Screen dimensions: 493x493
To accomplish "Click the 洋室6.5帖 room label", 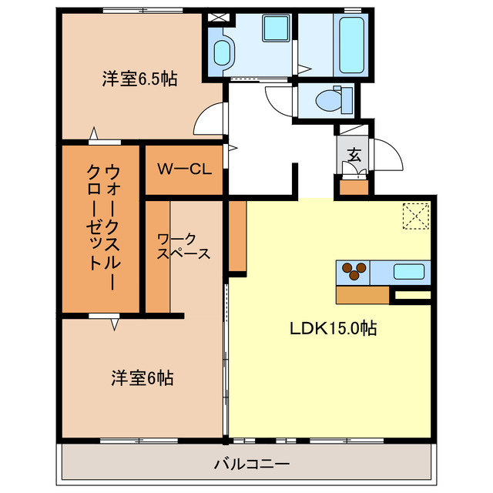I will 139,79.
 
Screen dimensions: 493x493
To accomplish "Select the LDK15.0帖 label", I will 333,327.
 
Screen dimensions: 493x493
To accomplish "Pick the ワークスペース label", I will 183,246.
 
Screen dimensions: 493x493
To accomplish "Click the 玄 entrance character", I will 354,154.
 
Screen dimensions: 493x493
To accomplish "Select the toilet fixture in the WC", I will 327,99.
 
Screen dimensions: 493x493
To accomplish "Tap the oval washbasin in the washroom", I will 222,52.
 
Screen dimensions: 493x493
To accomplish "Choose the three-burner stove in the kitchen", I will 354,271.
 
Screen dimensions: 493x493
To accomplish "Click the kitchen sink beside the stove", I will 407,271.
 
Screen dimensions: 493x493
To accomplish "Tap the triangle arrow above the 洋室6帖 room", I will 115,325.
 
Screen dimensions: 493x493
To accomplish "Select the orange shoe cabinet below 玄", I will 354,186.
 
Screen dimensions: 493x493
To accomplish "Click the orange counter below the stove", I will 362,295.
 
